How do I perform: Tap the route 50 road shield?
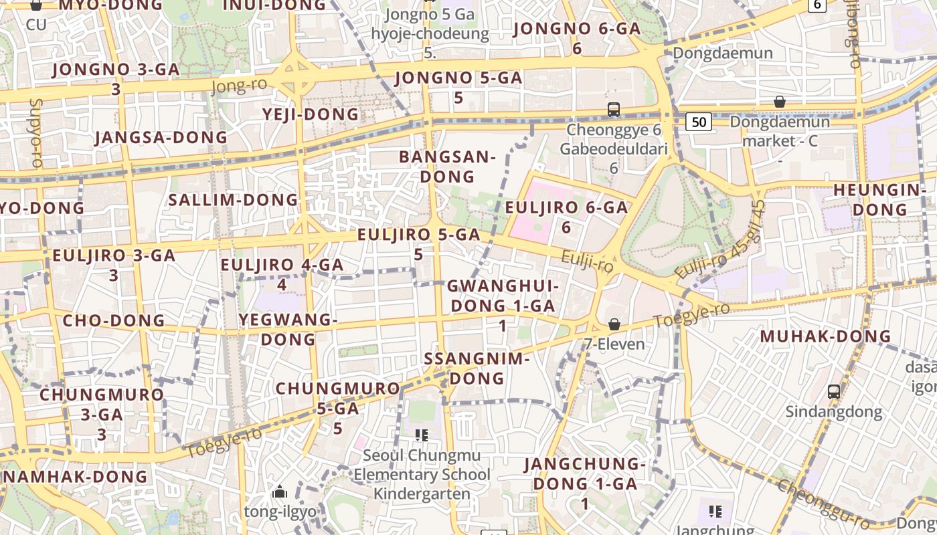(x=698, y=122)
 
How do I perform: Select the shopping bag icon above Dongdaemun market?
(x=779, y=102)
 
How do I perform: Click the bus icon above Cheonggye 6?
(x=613, y=110)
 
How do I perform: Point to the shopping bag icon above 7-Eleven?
(x=614, y=324)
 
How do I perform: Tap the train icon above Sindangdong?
(x=833, y=392)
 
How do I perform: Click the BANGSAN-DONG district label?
(x=447, y=167)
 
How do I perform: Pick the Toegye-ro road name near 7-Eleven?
(x=691, y=315)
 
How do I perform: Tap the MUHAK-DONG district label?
(x=825, y=336)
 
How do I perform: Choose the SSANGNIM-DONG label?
(x=477, y=368)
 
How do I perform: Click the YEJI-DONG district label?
(x=311, y=114)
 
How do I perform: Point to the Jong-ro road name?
(x=239, y=86)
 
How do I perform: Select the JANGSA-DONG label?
(x=161, y=138)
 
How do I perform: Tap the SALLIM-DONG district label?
(x=233, y=200)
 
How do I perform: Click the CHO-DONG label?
(x=114, y=320)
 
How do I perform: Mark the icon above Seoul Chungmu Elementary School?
(x=421, y=436)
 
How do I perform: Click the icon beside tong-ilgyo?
(x=280, y=493)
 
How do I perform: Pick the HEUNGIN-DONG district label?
(x=879, y=200)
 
